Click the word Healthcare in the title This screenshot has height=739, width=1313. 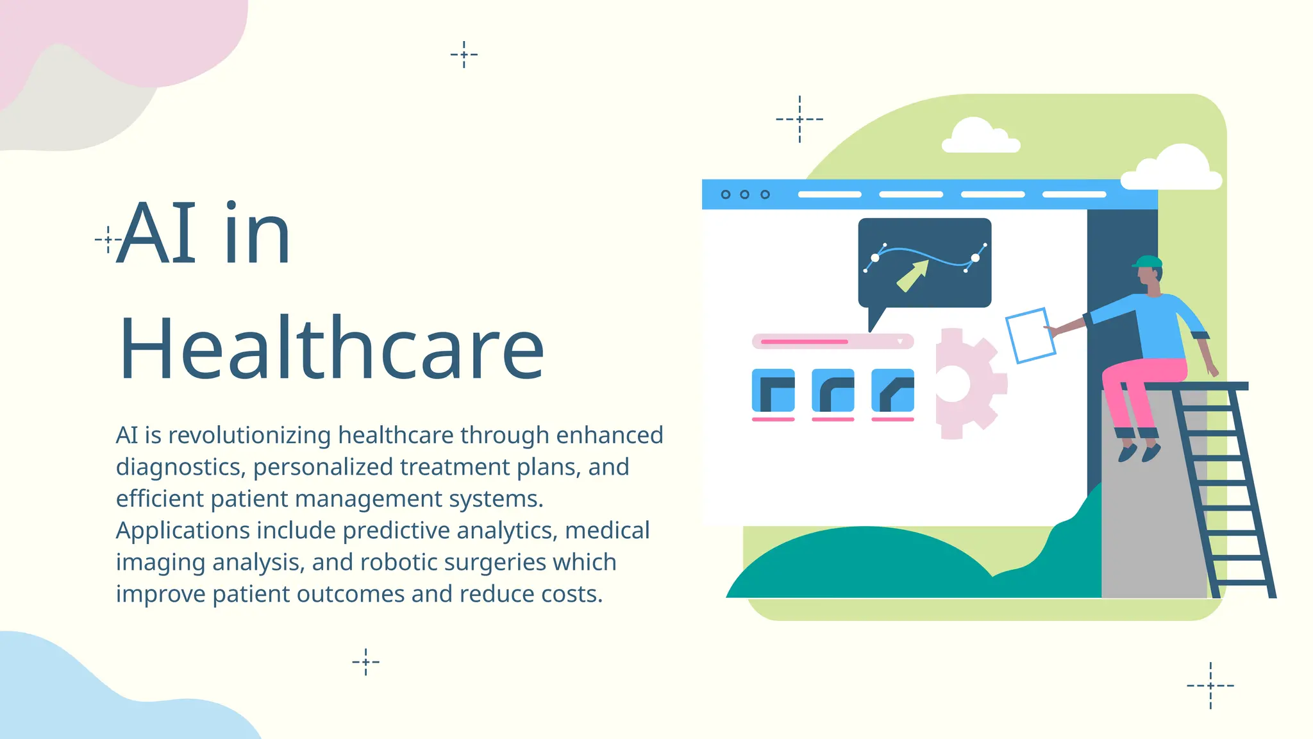coord(331,349)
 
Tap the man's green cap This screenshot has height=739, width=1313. coord(1148,262)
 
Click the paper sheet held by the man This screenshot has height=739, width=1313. coord(1030,336)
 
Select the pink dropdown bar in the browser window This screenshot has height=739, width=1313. coord(832,341)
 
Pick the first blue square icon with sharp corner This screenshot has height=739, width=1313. coord(773,390)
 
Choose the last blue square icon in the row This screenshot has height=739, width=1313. coord(892,390)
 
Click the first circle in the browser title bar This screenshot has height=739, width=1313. coord(726,194)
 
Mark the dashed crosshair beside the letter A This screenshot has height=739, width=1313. coord(108,240)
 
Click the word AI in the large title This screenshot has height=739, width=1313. coord(158,234)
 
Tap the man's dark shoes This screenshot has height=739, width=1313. coord(1139,453)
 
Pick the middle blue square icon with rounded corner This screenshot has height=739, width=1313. coord(833,390)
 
